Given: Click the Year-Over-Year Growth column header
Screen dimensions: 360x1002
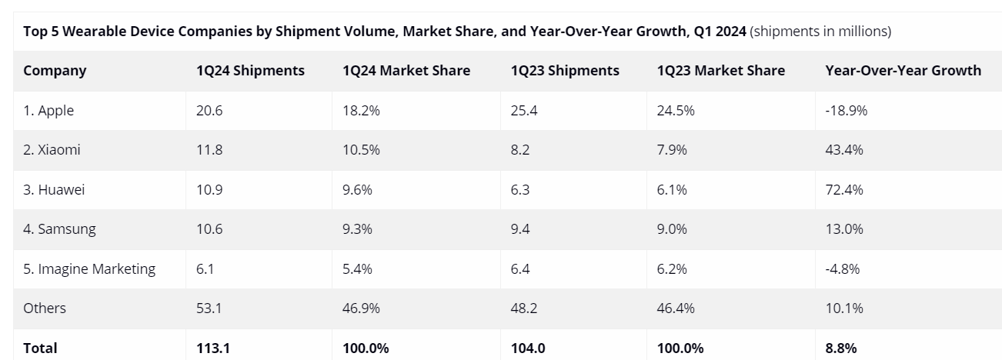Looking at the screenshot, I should tap(903, 71).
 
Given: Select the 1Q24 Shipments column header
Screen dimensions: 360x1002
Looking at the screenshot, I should tap(250, 71).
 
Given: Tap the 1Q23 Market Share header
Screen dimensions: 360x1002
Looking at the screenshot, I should tap(720, 71).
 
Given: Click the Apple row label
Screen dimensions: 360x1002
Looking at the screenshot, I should tap(48, 111).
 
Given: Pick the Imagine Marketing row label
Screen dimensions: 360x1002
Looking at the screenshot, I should tap(89, 268).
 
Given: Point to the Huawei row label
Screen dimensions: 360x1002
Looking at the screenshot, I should tap(53, 189).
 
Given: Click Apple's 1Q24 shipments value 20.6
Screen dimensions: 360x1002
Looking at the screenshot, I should tap(209, 111).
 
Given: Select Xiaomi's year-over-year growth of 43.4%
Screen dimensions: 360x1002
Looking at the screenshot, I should tap(844, 150).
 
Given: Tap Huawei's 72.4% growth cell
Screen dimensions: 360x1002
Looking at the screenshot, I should tap(844, 189).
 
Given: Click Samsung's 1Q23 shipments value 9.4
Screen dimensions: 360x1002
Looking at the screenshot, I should tap(521, 229).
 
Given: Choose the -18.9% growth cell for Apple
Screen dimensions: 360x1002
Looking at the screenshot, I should tap(847, 111).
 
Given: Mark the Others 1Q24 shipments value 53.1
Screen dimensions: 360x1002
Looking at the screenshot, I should tap(209, 308).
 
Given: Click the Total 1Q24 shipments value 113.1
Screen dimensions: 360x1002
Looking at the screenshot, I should tap(212, 348).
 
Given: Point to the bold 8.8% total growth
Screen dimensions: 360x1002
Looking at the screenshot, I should tap(840, 348).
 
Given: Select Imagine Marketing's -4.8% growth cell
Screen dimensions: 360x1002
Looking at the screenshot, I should tap(843, 268).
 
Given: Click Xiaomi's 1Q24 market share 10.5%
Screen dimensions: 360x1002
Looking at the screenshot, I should tap(361, 150).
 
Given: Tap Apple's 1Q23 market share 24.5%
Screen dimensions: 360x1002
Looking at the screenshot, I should tap(676, 111).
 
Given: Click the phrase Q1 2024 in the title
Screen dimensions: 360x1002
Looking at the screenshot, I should tap(720, 32).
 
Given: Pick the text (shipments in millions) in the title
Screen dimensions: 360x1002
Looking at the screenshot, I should tap(820, 32).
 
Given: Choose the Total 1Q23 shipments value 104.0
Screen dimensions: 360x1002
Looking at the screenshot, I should tap(528, 348).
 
